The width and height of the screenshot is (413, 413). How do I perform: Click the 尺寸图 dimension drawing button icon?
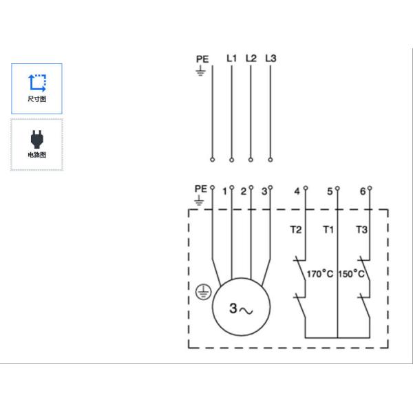tap(37, 83)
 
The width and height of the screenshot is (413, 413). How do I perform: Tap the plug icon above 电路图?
tap(37, 139)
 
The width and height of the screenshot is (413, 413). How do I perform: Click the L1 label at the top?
tap(232, 59)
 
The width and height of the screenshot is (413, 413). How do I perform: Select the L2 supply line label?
tap(251, 59)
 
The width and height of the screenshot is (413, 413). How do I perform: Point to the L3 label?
tap(271, 59)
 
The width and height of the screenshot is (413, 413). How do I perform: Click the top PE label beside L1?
tap(202, 59)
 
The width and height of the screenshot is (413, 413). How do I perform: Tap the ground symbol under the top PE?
tap(200, 71)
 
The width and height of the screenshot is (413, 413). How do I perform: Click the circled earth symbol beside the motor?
tap(203, 292)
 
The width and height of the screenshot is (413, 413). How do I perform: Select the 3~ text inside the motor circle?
tap(241, 308)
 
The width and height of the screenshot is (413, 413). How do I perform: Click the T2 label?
tap(296, 230)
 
